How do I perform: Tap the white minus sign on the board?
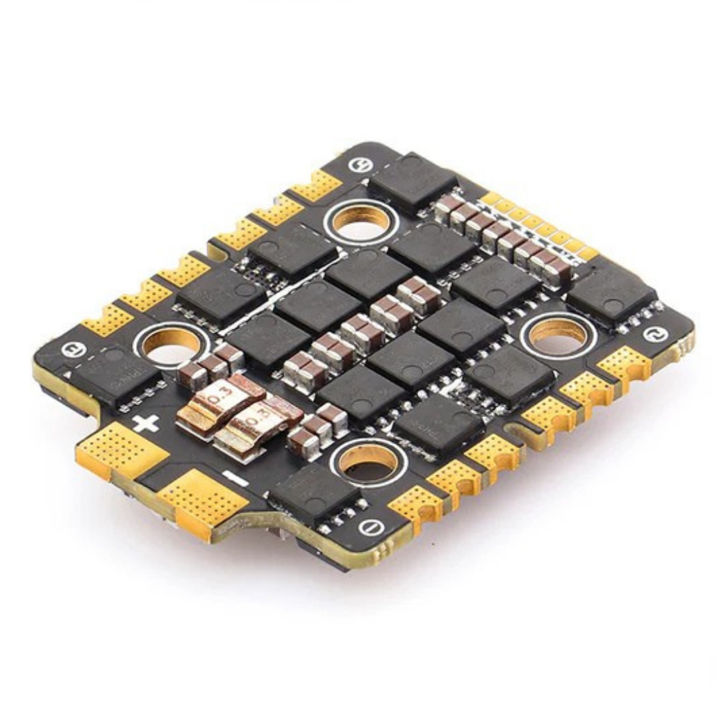(232, 475)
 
